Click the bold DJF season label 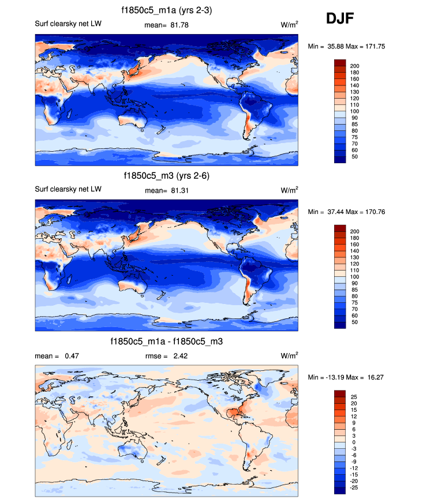340,19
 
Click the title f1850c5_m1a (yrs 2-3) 166,10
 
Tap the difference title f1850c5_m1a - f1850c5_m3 166,342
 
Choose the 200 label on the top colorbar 355,66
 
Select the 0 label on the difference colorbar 351,442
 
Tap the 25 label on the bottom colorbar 353,397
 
